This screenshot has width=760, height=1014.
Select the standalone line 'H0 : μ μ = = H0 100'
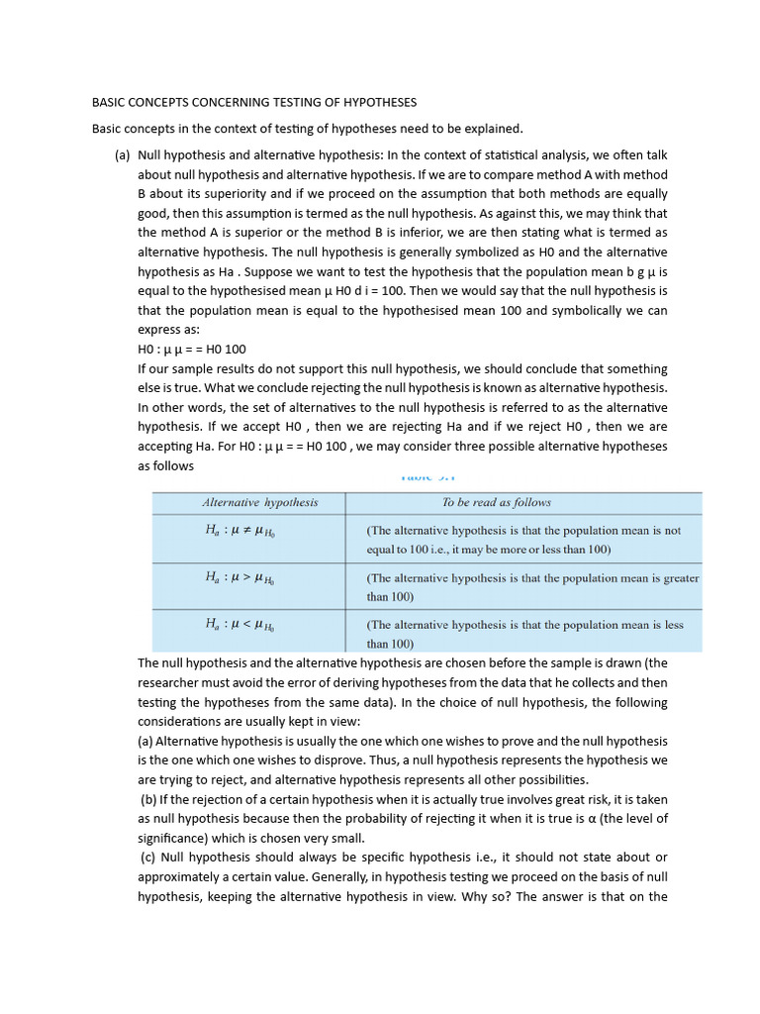192,349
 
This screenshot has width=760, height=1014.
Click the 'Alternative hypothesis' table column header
260,503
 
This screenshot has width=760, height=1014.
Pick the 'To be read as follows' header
496,503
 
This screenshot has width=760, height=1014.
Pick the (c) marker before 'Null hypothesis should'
148,857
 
